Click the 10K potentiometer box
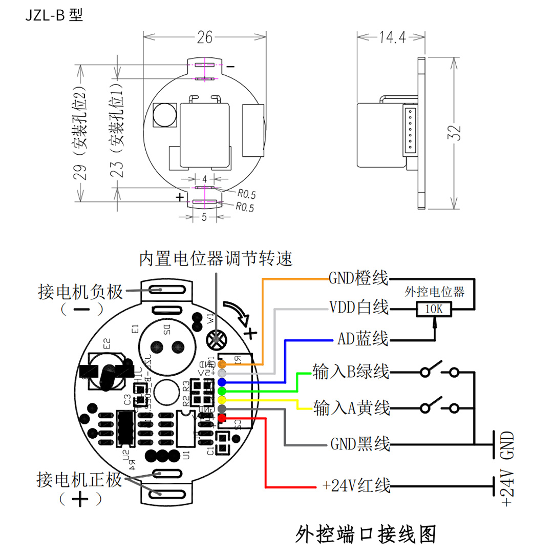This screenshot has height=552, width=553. click(434, 309)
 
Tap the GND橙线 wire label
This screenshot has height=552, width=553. click(358, 279)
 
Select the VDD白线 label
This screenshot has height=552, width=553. click(358, 308)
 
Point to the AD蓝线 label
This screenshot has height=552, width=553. click(363, 339)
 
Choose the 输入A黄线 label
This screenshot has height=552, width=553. click(352, 408)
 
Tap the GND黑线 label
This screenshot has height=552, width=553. click(360, 443)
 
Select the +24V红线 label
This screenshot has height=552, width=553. click(356, 485)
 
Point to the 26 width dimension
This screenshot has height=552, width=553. click(205, 37)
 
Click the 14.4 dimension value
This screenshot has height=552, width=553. click(392, 37)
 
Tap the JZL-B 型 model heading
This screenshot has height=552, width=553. click(53, 15)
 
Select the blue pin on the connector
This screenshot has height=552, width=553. click(222, 382)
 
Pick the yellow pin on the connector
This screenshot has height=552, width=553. click(222, 400)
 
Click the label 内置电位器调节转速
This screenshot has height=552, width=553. click(216, 259)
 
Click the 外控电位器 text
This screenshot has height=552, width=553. click(434, 292)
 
